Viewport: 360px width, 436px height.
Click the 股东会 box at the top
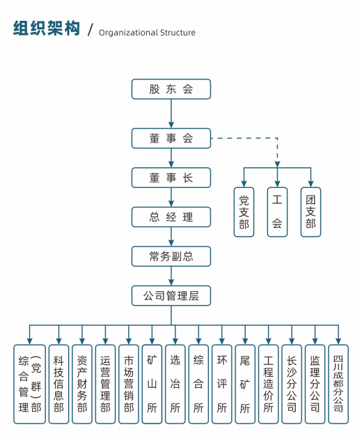[171, 89]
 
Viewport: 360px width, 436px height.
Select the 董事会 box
[171, 138]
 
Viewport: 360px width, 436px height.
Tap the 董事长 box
[171, 178]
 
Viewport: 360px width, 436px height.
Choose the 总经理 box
[171, 217]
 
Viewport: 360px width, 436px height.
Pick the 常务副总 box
[171, 256]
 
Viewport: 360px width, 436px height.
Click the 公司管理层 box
[171, 296]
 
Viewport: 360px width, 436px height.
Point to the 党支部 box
[244, 212]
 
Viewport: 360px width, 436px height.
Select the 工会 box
[277, 212]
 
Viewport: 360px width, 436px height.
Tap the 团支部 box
[311, 212]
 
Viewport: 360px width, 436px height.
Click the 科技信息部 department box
[58, 384]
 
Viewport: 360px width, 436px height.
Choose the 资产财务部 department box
[82, 384]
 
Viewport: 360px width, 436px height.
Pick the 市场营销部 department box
[129, 384]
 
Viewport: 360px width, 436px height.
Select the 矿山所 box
[152, 384]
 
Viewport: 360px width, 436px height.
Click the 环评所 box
[221, 384]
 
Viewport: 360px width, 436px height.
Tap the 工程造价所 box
[268, 384]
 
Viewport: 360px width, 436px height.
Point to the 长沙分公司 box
[292, 384]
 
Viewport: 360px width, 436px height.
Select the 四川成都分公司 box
[338, 384]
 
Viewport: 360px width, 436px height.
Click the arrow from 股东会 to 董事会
[171, 114]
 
